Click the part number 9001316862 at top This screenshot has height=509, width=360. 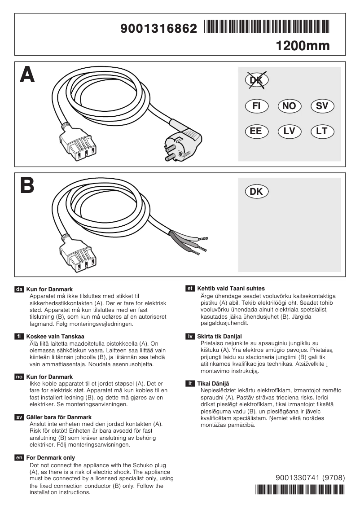coord(159,29)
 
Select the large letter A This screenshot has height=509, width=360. coord(27,75)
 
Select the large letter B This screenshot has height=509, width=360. coord(27,186)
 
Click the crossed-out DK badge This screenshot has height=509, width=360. coord(256,80)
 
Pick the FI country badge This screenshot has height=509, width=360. coord(256,106)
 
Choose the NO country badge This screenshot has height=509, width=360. coord(290,106)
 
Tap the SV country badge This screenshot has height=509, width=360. coord(322,106)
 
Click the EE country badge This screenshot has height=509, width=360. coord(256,132)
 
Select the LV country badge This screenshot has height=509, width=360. coord(290,132)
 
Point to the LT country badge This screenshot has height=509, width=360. coord(322,132)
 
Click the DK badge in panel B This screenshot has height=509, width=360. coord(256,192)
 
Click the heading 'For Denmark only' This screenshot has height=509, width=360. coord(51,457)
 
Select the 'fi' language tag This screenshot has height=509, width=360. coord(19,336)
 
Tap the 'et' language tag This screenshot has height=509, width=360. coord(190,289)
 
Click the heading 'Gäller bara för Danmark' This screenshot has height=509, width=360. coord(59,417)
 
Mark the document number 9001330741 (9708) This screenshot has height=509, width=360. coord(310,478)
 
